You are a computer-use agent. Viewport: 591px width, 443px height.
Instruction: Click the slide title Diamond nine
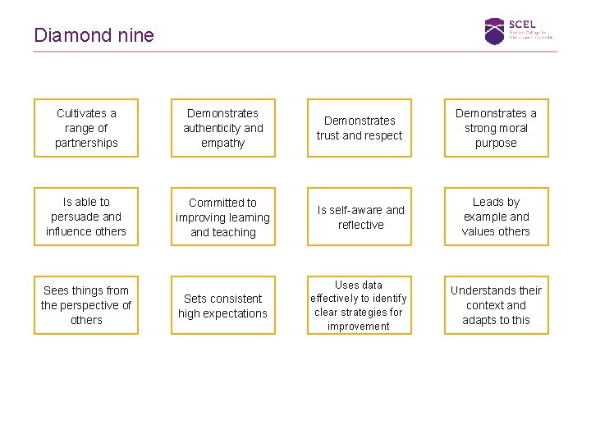(x=94, y=35)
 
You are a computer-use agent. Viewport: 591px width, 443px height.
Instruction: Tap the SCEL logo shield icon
(x=494, y=30)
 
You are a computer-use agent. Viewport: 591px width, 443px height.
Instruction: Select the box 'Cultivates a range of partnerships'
(x=86, y=128)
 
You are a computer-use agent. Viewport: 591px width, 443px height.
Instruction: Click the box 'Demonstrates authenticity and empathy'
(x=222, y=128)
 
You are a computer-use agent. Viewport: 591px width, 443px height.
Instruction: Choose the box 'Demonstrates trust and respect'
(x=360, y=128)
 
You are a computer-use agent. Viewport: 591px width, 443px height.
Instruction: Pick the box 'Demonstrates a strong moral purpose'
(x=496, y=128)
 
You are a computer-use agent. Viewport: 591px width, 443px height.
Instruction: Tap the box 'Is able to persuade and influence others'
(x=86, y=217)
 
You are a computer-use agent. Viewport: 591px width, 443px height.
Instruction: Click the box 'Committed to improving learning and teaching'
(x=222, y=217)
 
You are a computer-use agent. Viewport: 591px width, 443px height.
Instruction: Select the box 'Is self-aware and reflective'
(x=360, y=217)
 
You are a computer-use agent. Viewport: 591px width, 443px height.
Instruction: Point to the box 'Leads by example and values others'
(x=496, y=217)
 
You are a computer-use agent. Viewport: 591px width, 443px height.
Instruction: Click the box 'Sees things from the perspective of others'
(x=86, y=305)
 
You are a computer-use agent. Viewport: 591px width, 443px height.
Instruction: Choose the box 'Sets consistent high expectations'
(x=222, y=305)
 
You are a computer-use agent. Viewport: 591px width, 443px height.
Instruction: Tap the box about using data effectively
(x=360, y=305)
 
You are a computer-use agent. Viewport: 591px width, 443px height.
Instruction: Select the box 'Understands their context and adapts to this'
(x=496, y=305)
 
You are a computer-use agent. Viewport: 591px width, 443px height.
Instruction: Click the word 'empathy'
(x=222, y=144)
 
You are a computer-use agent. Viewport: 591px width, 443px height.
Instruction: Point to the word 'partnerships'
(x=86, y=144)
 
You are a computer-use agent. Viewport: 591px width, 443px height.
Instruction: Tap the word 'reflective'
(x=360, y=225)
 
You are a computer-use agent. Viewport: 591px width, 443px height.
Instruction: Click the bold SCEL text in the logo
(x=522, y=24)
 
